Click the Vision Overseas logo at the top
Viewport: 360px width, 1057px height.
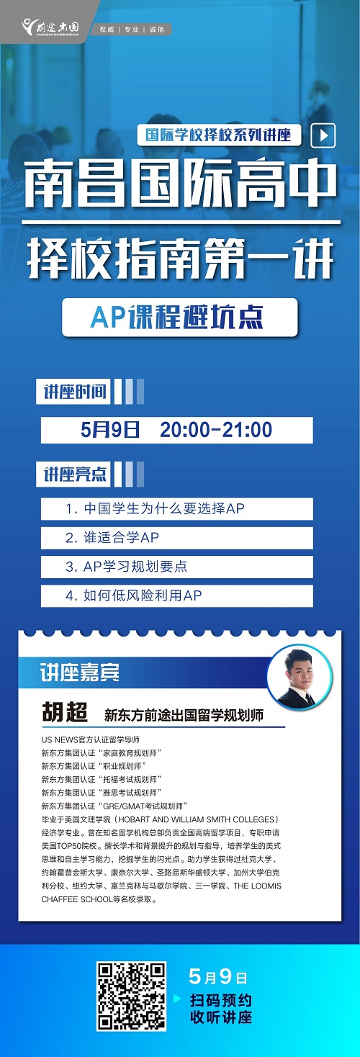tap(51, 27)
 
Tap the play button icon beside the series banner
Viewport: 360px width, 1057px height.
tap(324, 135)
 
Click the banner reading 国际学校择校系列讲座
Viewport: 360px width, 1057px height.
tap(220, 135)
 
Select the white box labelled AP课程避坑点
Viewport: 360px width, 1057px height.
tap(180, 317)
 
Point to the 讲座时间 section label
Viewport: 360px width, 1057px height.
tap(73, 391)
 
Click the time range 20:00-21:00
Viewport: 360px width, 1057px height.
tap(216, 430)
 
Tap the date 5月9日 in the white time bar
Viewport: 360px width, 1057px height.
tap(110, 430)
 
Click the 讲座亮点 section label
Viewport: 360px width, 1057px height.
tap(73, 474)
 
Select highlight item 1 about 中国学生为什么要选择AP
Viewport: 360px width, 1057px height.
tap(177, 508)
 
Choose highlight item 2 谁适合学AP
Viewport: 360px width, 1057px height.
tap(177, 538)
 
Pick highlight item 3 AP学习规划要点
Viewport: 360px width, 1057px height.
tap(177, 567)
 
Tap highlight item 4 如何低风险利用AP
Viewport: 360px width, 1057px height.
tap(177, 595)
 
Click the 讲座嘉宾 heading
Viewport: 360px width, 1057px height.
tap(80, 673)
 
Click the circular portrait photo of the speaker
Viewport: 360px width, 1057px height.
tap(299, 677)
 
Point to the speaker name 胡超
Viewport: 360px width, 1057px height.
tap(65, 712)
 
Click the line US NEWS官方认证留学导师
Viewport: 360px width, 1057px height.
tap(91, 740)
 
